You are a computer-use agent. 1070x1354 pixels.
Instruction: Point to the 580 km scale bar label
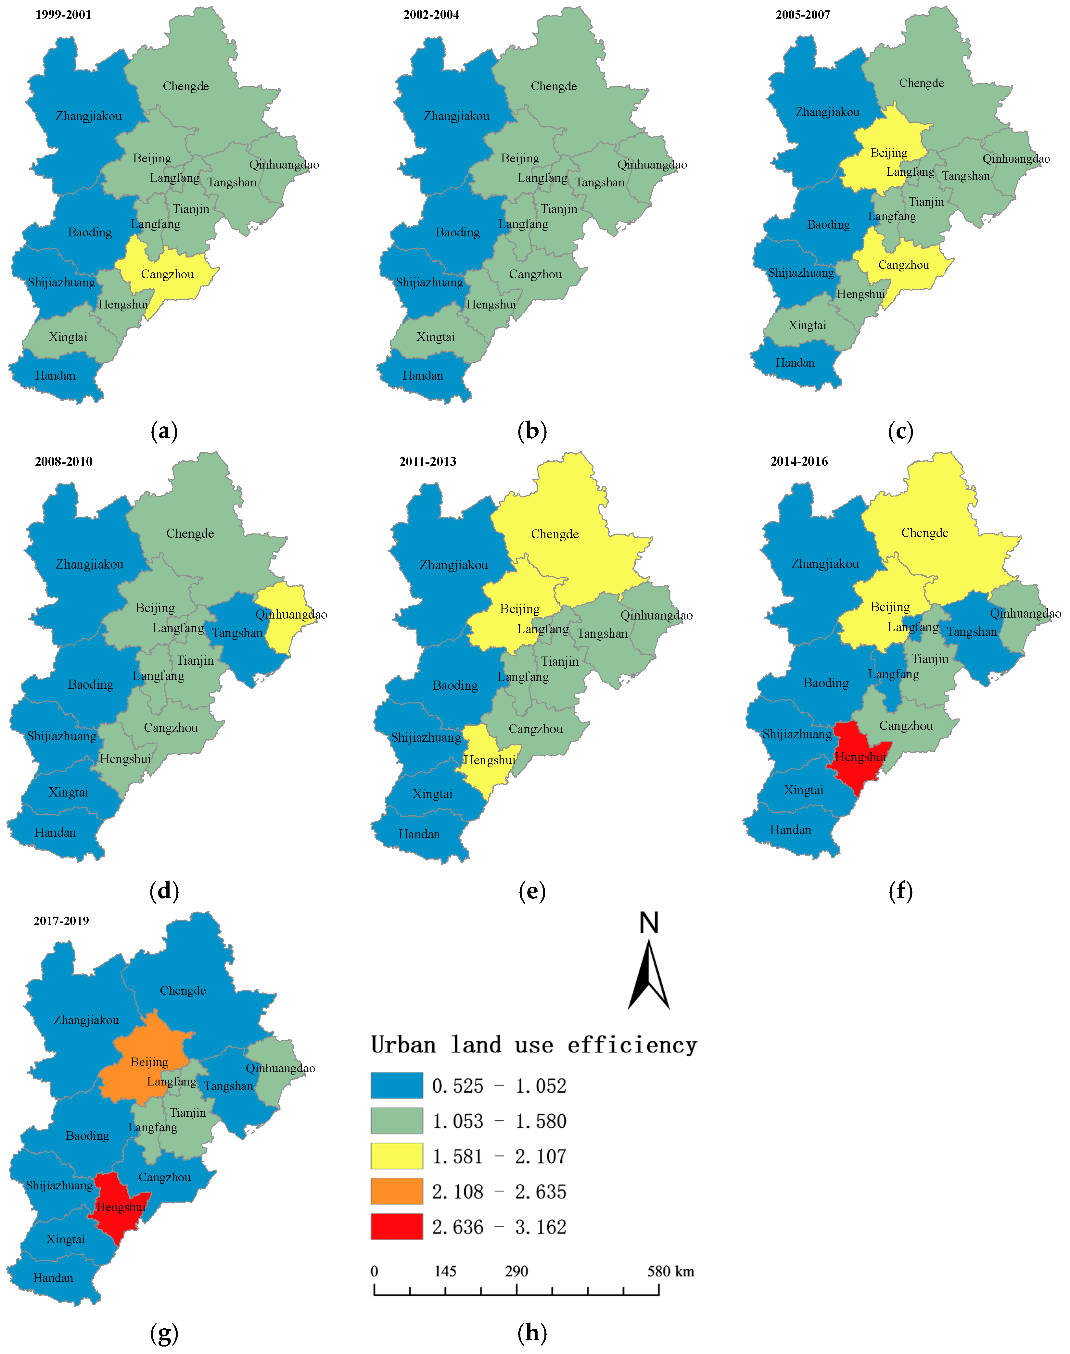pyautogui.click(x=670, y=1271)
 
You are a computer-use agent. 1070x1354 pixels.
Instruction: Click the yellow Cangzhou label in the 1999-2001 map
pyautogui.click(x=167, y=274)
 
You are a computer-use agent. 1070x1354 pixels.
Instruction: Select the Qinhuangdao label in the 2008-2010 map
pyautogui.click(x=291, y=614)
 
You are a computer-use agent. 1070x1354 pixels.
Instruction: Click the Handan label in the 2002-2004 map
pyautogui.click(x=423, y=376)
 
